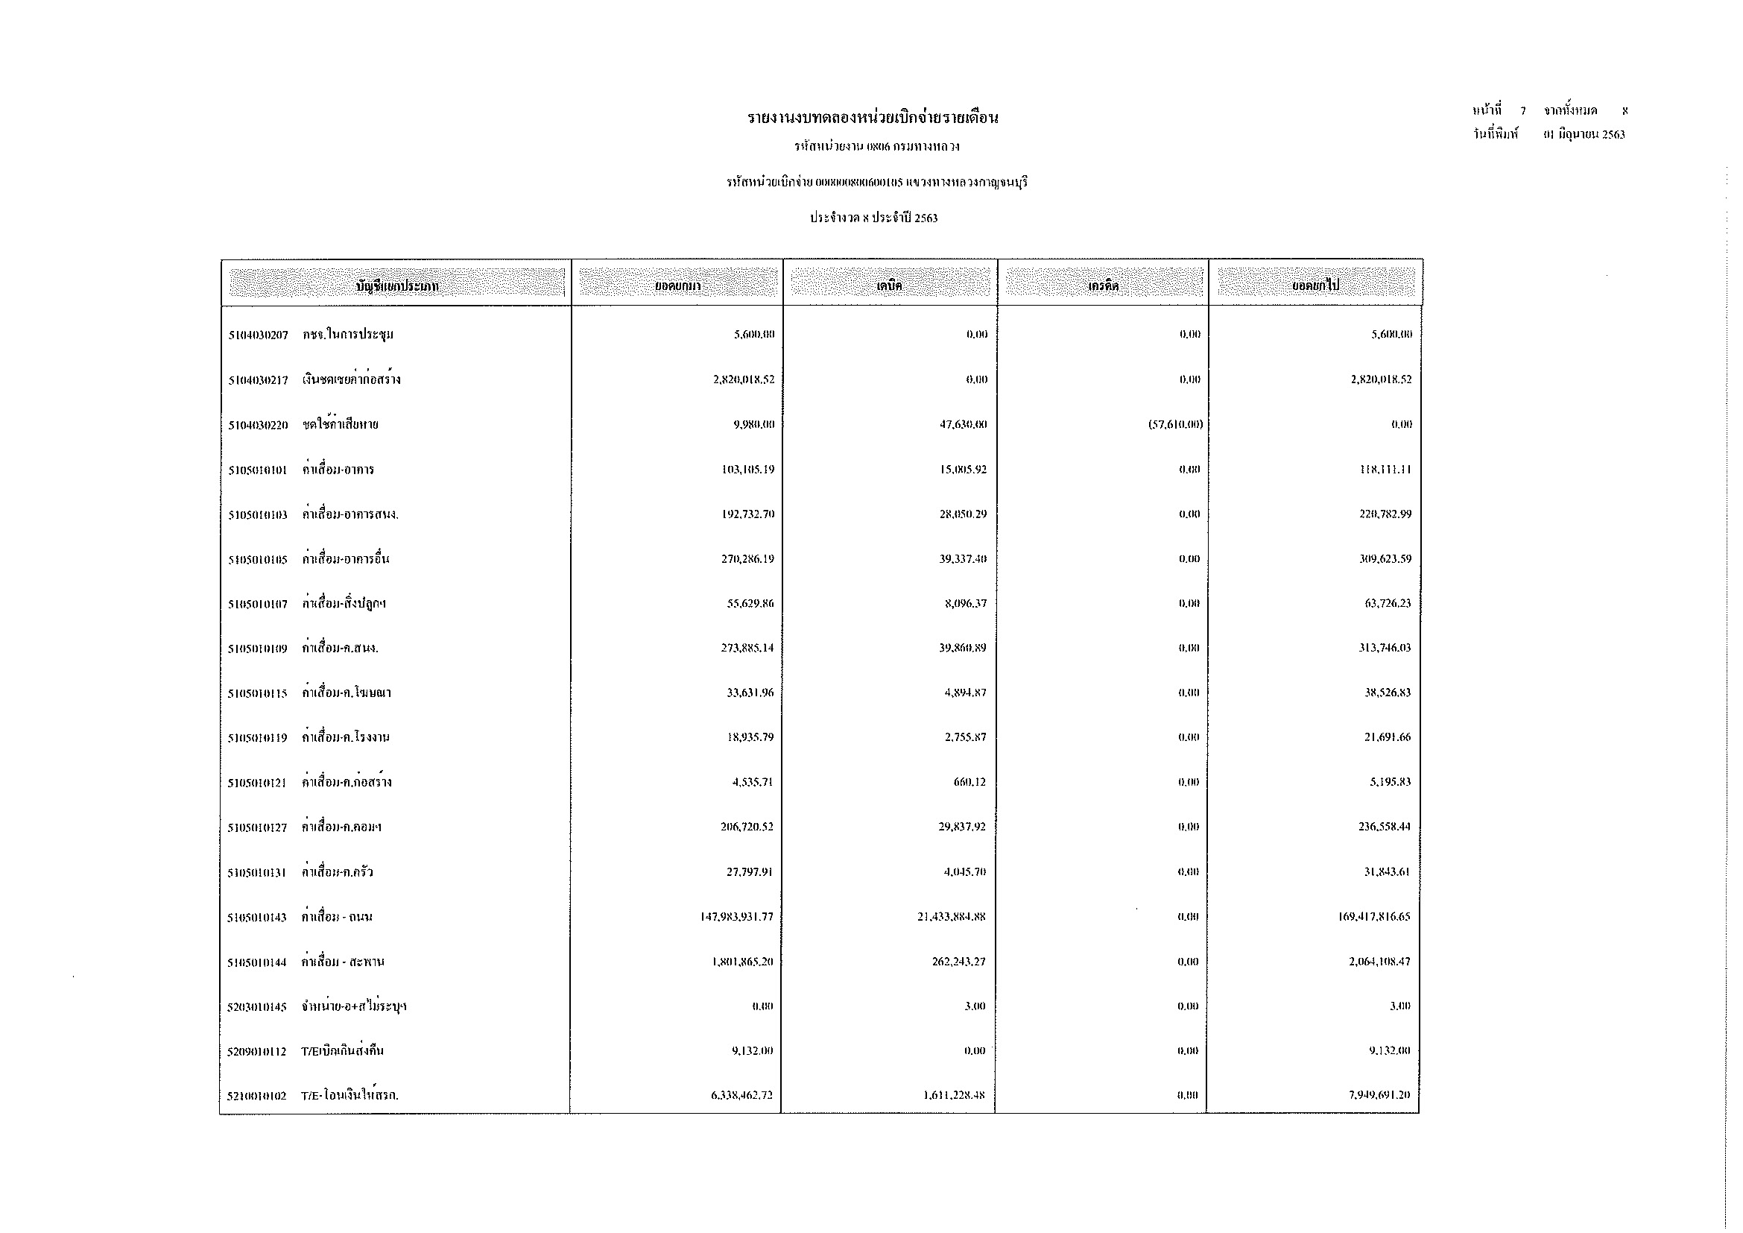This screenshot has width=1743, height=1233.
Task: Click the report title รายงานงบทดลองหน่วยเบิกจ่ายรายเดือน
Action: click(873, 119)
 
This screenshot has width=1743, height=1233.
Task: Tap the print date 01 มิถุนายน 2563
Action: click(1584, 135)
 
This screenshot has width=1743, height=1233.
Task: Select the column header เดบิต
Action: click(889, 286)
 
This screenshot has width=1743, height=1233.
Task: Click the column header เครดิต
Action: click(1103, 286)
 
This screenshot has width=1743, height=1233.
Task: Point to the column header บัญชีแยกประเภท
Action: click(396, 286)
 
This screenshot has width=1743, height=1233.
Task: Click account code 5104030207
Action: click(258, 335)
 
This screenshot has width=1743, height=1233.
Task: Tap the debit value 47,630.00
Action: click(963, 424)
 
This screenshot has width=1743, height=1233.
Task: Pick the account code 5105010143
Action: click(257, 917)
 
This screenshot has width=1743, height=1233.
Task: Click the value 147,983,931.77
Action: click(736, 916)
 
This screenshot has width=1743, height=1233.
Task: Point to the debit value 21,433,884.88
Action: click(951, 916)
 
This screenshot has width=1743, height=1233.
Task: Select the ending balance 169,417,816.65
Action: click(1373, 916)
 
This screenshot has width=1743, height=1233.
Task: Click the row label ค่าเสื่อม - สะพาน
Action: click(342, 962)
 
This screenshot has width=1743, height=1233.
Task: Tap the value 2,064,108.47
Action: click(1379, 961)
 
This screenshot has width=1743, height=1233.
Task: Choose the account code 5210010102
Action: click(256, 1096)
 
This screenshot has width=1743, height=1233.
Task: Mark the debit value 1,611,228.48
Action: click(955, 1095)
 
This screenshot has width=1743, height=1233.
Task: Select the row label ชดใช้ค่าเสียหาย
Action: click(340, 424)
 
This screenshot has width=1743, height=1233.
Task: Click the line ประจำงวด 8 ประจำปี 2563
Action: click(873, 218)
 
